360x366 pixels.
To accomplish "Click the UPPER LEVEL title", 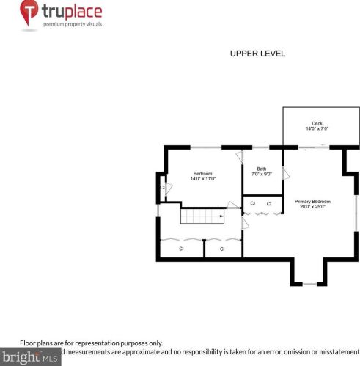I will pyautogui.click(x=257, y=54).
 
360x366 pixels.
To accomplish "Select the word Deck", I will pyautogui.click(x=317, y=123).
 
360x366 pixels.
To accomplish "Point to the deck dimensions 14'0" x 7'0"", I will pyautogui.click(x=317, y=129).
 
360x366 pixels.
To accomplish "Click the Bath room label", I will pyautogui.click(x=261, y=168).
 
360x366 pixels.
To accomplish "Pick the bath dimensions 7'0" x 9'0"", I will pyautogui.click(x=261, y=174).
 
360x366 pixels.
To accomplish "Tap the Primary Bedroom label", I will pyautogui.click(x=312, y=201).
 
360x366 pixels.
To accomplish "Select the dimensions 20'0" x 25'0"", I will pyautogui.click(x=312, y=207).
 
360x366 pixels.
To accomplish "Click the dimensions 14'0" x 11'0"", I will pyautogui.click(x=203, y=179).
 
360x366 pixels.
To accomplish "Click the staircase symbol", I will pyautogui.click(x=200, y=217).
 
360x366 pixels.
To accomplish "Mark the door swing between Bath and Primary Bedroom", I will pyautogui.click(x=285, y=175).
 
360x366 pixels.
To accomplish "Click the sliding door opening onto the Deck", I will pyautogui.click(x=311, y=147).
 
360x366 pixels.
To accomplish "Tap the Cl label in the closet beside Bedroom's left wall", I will pyautogui.click(x=162, y=188).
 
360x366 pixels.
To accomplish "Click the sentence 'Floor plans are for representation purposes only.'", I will pyautogui.click(x=91, y=343).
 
